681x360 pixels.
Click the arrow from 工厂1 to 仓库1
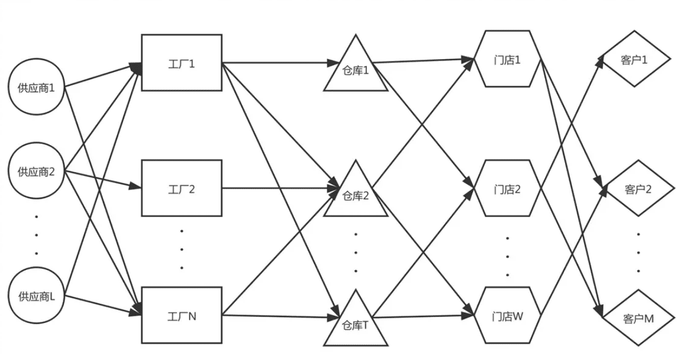coord(281,63)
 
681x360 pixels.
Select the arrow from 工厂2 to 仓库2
coord(281,188)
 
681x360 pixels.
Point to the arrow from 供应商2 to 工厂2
coord(103,179)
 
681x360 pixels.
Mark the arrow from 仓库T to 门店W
coord(423,316)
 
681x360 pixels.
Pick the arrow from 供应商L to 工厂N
coord(103,305)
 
